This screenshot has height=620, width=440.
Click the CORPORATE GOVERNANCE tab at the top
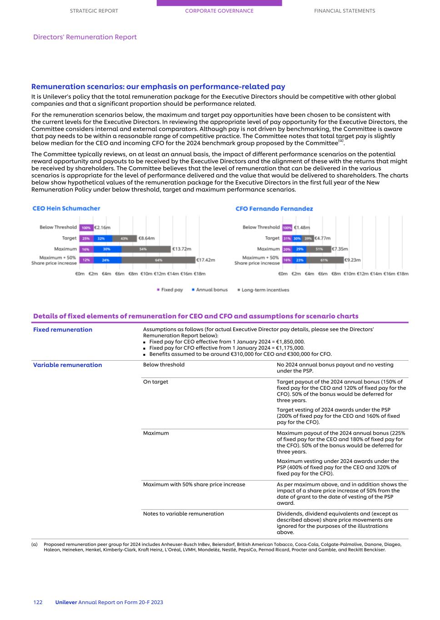219,11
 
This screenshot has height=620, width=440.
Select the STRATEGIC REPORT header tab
94,11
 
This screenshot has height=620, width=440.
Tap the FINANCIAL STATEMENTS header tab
344,11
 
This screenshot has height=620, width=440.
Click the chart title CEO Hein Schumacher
66,208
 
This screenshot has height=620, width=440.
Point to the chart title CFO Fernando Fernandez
274,209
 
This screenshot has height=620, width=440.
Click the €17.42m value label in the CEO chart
206,260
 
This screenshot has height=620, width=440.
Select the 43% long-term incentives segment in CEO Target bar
124,238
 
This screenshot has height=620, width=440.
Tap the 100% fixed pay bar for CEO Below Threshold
86,228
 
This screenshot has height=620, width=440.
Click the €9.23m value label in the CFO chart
352,260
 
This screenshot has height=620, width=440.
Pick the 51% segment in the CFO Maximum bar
319,249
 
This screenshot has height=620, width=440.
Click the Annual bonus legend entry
211,290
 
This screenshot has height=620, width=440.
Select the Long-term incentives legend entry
265,290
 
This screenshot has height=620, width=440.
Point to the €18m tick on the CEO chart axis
200,274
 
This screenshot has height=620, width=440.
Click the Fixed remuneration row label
63,330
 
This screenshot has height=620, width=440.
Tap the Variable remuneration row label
67,365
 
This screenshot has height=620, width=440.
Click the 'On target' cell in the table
155,382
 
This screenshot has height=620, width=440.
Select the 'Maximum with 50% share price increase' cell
194,485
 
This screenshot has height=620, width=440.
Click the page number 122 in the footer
38,602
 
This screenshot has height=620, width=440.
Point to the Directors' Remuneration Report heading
85,37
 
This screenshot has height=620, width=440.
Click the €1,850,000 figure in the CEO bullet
287,342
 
